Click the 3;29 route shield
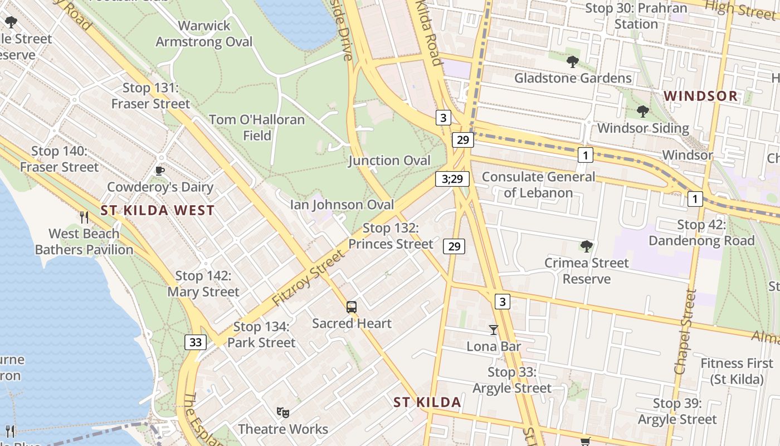pos(452,179)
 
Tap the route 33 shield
pos(196,342)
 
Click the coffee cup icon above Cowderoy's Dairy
pos(160,171)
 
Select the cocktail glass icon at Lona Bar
pos(493,329)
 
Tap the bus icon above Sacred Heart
pos(352,307)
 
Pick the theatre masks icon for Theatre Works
pos(283,413)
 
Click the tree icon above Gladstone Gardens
pos(572,61)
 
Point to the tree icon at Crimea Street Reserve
pos(586,246)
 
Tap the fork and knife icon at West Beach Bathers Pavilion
pos(84,217)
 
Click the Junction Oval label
pos(389,161)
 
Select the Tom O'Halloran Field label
pos(257,128)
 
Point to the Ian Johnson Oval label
pos(342,205)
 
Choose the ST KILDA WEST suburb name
pos(158,210)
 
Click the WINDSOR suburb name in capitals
pos(701,96)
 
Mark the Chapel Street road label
pos(685,332)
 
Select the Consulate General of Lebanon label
pos(538,185)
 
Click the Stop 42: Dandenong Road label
pos(701,233)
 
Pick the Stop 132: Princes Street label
pos(391,236)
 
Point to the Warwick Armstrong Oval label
pos(204,34)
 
